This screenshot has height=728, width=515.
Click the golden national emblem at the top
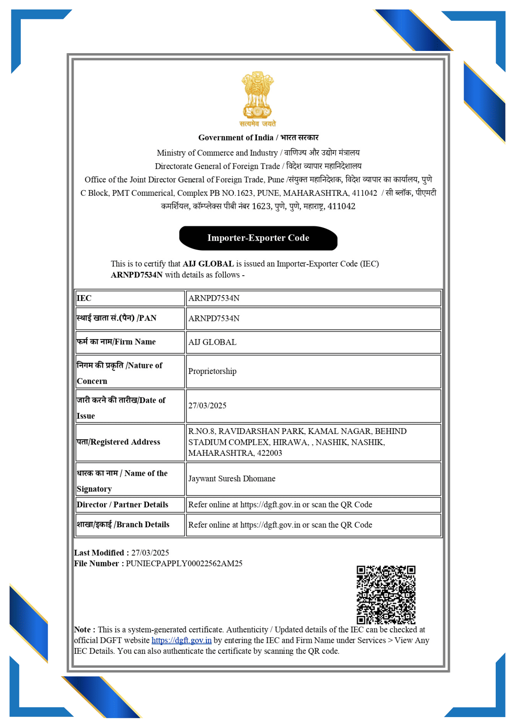[x=257, y=95]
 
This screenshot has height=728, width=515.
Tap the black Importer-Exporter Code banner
[x=258, y=238]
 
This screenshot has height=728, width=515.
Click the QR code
[x=386, y=594]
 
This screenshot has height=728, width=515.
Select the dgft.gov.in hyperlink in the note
[x=181, y=640]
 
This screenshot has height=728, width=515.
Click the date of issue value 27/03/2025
[x=207, y=405]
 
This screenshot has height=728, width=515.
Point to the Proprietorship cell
[x=212, y=371]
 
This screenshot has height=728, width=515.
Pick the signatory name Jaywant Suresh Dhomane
[x=232, y=479]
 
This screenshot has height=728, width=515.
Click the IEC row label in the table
[x=84, y=298]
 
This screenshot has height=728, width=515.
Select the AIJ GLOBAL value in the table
[x=212, y=342]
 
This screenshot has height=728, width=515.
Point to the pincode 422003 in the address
[x=270, y=453]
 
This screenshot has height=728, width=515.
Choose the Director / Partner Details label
[x=122, y=505]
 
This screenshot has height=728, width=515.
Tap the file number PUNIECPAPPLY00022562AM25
[x=184, y=563]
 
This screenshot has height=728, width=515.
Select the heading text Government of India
[x=236, y=138]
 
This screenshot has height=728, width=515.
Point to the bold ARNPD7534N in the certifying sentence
[x=137, y=275]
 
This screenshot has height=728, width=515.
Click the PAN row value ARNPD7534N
[x=214, y=318]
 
